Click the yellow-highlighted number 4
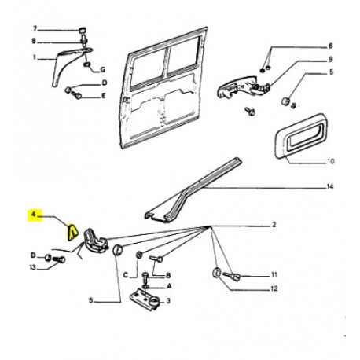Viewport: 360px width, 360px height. click(33, 215)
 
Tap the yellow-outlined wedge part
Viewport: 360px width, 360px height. click(72, 232)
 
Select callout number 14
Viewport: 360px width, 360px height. click(330, 186)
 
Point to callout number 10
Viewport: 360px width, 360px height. click(331, 161)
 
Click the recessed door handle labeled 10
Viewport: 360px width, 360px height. click(301, 136)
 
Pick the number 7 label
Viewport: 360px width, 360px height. click(35, 29)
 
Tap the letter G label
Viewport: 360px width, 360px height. click(103, 70)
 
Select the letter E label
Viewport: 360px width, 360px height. click(104, 96)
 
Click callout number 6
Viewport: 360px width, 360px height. click(331, 46)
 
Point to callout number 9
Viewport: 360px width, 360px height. click(331, 60)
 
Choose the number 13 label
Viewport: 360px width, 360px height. click(33, 267)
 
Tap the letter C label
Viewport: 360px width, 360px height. click(126, 275)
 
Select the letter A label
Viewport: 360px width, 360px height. click(169, 286)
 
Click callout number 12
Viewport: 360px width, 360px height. click(274, 288)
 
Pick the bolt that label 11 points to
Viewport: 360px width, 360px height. click(232, 275)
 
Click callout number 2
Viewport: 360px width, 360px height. click(274, 225)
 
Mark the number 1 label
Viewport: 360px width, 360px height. click(34, 57)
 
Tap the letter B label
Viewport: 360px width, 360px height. click(168, 275)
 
